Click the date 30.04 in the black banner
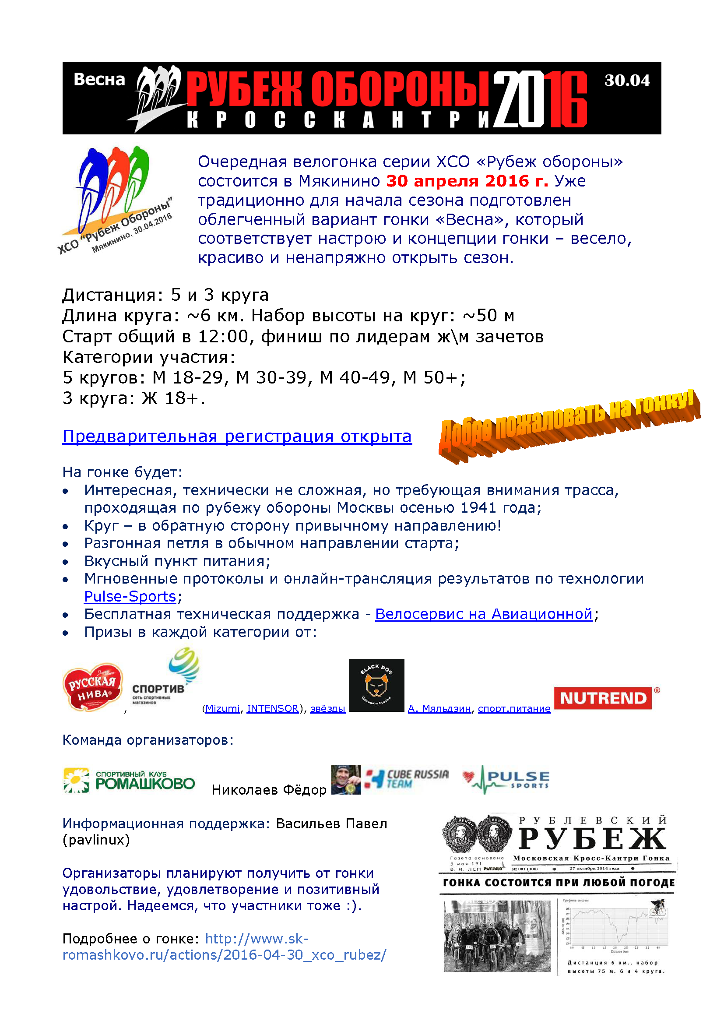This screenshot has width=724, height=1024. coord(627,80)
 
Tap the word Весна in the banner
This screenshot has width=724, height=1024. coord(99,79)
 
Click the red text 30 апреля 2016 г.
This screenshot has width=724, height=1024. coord(467,181)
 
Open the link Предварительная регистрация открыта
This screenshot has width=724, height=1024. coord(237,436)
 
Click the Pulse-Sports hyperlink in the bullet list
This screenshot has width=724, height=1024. coord(130,596)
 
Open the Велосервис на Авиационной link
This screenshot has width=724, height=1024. coord(484,614)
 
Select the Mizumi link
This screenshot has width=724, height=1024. coord(222,708)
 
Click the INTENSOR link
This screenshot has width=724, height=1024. coord(272,708)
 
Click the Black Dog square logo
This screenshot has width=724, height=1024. coord(376,685)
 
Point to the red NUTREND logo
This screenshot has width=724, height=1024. coord(603,698)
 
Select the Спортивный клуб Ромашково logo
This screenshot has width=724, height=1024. coord(129,781)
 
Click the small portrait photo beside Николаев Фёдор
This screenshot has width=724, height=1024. coord(345,780)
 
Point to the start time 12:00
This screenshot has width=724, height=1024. coord(222,337)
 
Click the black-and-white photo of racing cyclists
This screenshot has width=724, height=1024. coord(497,936)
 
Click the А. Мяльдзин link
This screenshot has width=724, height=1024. coord(439,708)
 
